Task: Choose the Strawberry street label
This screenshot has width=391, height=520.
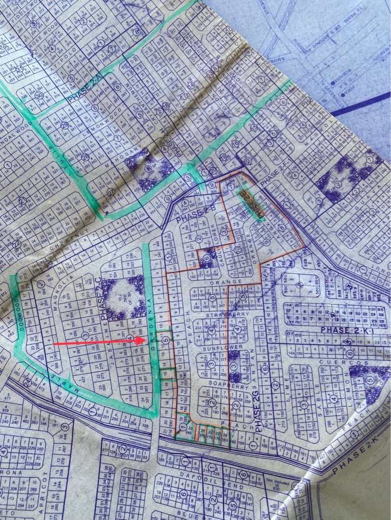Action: pos(219,315)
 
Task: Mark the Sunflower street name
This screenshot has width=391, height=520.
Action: pos(216,347)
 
